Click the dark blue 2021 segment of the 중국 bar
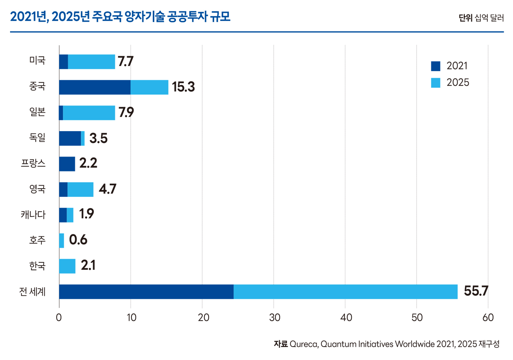click(x=95, y=87)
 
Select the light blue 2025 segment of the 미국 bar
click(x=91, y=62)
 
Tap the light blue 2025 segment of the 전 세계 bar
click(x=345, y=291)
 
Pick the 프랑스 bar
click(x=67, y=164)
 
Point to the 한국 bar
click(x=67, y=266)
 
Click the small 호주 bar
click(x=61, y=240)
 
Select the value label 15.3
click(x=183, y=87)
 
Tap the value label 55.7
click(x=476, y=291)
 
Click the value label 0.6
click(x=78, y=240)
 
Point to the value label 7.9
click(x=126, y=112)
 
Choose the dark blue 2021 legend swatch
click(x=436, y=66)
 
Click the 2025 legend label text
click(x=458, y=82)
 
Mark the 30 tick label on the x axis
click(x=275, y=318)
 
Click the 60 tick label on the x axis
click(x=488, y=318)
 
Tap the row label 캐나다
click(x=33, y=215)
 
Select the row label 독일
click(x=37, y=138)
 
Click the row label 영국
click(x=37, y=189)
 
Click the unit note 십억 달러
click(x=489, y=18)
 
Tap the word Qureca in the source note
click(x=304, y=344)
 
